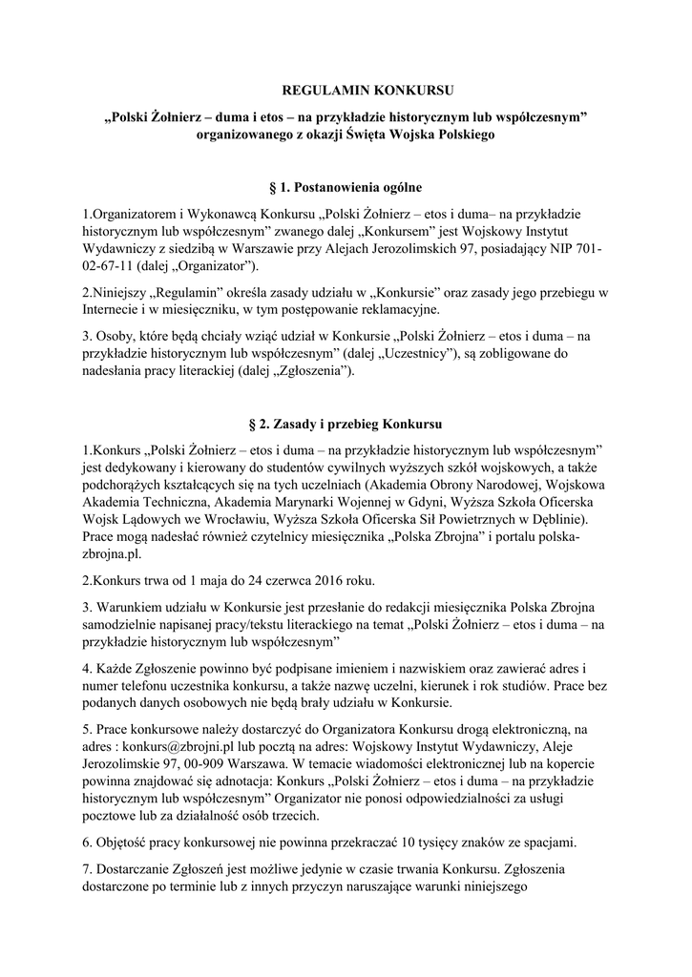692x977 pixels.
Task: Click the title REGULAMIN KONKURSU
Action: click(345, 92)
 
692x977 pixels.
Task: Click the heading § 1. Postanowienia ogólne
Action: click(345, 188)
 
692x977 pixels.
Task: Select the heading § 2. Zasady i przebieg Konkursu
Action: click(345, 423)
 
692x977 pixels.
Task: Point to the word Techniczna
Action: click(171, 500)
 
